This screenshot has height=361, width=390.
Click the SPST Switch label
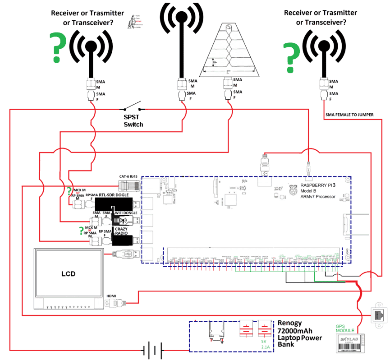click(133, 120)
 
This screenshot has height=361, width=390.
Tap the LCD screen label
click(69, 273)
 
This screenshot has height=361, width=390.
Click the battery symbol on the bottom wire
click(152, 350)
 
